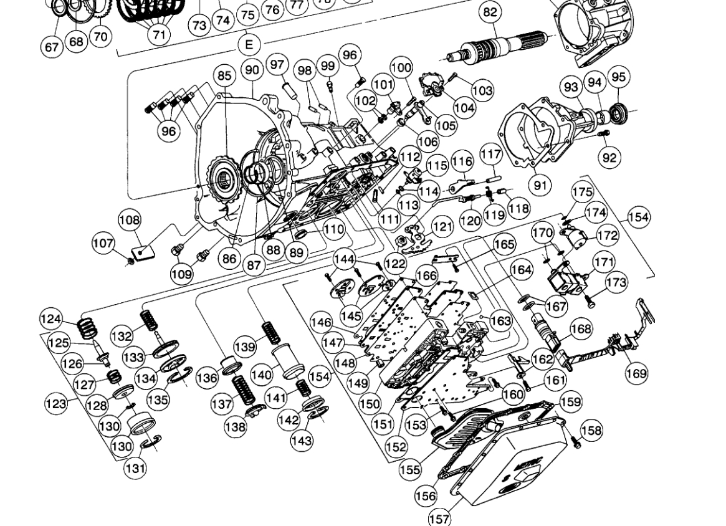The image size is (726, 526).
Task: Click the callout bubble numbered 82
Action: point(491,12)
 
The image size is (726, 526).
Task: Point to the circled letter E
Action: point(249,44)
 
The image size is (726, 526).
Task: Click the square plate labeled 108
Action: point(144,251)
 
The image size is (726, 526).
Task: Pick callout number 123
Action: point(55,403)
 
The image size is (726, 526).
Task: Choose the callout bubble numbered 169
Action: point(636,373)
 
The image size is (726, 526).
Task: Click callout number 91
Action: point(540,184)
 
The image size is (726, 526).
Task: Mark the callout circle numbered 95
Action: point(618,77)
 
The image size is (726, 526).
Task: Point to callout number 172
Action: point(608,236)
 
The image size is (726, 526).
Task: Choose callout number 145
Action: point(351,316)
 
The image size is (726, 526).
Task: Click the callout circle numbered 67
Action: point(52,47)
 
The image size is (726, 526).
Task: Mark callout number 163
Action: point(500,321)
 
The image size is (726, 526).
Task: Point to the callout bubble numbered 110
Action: point(334,229)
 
